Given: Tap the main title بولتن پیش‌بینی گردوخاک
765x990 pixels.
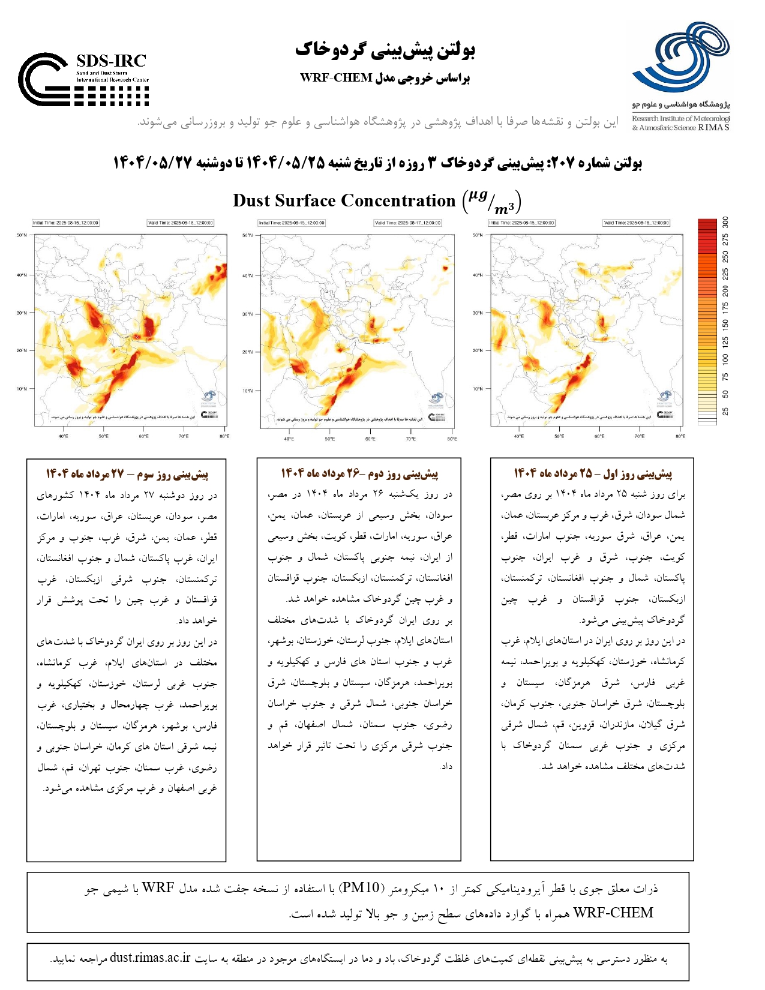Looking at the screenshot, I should [385, 50].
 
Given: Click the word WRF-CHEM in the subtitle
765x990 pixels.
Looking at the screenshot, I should [336, 78].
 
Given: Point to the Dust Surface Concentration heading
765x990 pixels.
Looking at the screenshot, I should [344, 200].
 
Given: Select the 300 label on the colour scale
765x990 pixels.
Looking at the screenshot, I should [725, 223].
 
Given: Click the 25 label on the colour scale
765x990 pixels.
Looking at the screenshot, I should [725, 412].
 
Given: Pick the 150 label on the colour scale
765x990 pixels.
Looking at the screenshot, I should [725, 325].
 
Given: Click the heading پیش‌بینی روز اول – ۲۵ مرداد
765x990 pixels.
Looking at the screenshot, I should [592, 474].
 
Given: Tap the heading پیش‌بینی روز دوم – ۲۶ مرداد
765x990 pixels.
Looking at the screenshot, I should [359, 474].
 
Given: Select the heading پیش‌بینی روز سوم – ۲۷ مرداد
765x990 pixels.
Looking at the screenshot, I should [127, 474].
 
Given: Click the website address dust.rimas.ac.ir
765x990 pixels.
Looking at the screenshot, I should [150, 958].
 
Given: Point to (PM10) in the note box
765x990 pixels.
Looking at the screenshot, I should [361, 888].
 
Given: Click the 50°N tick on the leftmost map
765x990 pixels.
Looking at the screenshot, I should [22, 235].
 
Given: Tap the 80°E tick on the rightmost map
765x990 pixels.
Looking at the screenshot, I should [680, 436].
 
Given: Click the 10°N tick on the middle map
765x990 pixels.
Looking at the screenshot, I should [247, 391].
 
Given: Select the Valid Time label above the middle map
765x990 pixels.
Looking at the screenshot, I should [407, 223].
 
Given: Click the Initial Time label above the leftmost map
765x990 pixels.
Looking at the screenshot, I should [65, 223].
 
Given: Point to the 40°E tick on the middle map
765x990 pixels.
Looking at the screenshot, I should [289, 439].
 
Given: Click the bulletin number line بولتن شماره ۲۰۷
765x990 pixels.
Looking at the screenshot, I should [377, 163].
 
